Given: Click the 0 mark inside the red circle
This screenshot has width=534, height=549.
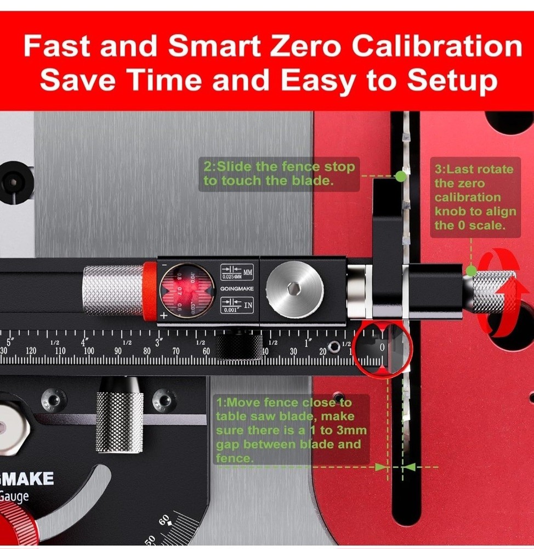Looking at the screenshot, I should click(x=382, y=348).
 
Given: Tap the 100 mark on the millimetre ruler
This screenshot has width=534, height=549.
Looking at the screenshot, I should click(x=88, y=351).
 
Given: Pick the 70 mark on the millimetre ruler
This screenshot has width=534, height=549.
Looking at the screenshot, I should click(x=175, y=351).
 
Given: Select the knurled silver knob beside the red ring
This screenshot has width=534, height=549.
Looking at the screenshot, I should click(x=112, y=290).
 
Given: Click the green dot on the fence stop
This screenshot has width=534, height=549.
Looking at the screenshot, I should click(x=401, y=176).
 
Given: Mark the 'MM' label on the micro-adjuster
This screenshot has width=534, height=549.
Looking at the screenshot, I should click(x=248, y=271).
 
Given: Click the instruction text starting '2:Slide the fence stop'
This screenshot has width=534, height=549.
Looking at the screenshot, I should click(x=279, y=173).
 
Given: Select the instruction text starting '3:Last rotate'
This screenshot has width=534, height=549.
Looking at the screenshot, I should click(x=475, y=197).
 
